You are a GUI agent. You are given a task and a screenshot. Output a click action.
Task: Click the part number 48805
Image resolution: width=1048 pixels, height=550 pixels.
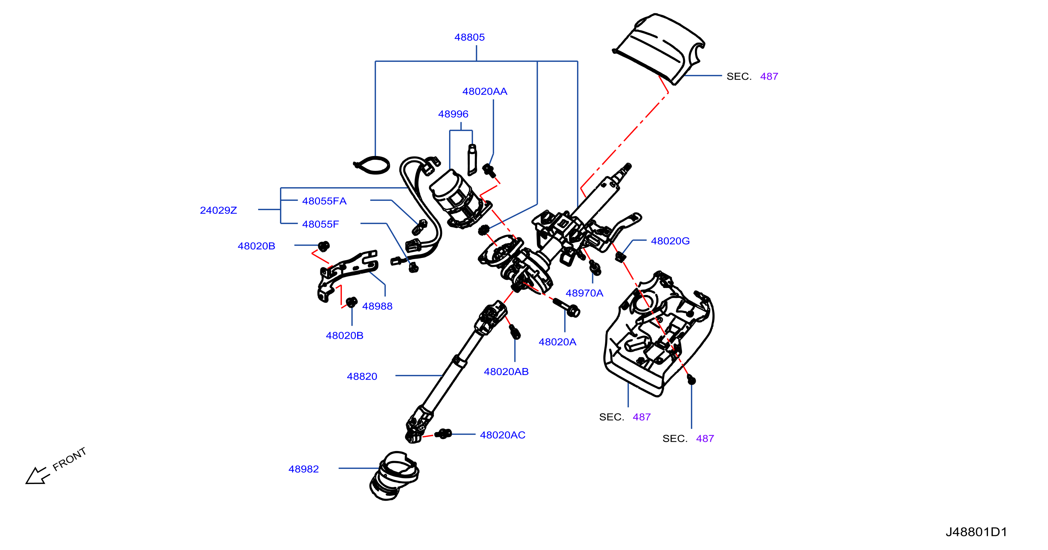point(469,37)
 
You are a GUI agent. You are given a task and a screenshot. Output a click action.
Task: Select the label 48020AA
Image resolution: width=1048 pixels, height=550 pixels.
point(485,92)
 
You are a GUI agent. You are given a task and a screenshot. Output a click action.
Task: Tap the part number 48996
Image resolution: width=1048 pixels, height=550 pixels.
point(453,114)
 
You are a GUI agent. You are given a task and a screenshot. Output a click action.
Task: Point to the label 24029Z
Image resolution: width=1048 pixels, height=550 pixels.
point(218,210)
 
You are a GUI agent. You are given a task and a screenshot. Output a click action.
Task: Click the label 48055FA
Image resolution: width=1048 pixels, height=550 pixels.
point(324,201)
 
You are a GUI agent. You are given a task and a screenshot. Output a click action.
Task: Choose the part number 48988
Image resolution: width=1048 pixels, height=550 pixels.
point(377,306)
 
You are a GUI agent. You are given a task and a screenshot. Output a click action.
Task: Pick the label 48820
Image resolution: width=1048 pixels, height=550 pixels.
point(362,377)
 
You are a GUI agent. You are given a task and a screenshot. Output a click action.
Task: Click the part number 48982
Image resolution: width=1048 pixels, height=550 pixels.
point(303,469)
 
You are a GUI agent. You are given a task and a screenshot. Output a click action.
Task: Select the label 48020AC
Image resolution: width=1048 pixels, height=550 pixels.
point(502,435)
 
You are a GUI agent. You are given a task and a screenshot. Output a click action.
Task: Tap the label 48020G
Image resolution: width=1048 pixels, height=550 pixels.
point(670,241)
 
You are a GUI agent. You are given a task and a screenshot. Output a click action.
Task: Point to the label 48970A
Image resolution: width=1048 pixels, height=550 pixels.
point(584,293)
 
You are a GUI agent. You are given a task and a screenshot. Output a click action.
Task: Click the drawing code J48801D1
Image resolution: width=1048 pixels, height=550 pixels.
point(976,532)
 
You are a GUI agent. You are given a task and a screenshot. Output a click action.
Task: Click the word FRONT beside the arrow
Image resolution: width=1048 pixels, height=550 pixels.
point(70,459)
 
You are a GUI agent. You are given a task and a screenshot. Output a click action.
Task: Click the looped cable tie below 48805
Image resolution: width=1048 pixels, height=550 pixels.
point(372,165)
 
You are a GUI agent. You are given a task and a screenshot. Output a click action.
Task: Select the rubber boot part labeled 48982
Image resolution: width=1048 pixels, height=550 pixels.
point(394,476)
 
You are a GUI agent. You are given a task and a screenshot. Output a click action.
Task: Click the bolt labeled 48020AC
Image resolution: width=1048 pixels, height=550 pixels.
point(443,434)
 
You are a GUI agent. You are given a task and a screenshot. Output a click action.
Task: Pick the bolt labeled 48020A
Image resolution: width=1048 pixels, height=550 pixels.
point(566,307)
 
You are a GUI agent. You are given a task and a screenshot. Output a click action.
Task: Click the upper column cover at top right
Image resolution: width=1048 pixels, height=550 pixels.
point(659,49)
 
